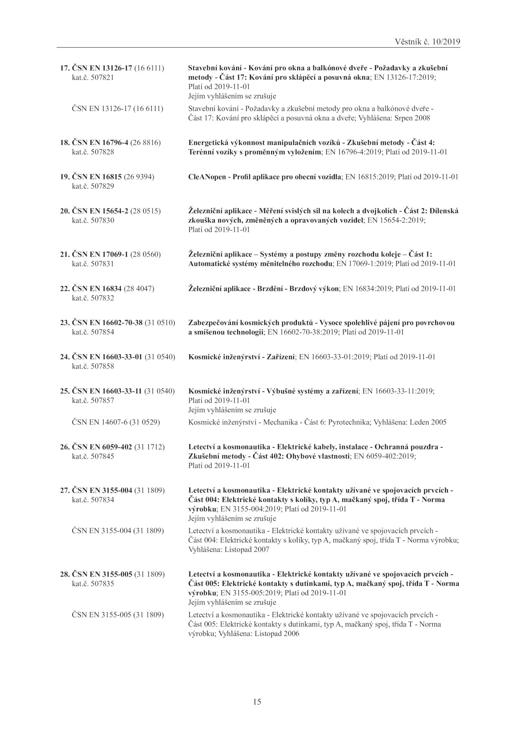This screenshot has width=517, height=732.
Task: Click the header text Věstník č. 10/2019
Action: pos(427,42)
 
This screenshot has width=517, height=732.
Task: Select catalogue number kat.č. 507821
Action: pos(93,78)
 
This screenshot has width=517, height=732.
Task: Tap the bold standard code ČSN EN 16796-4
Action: pos(100,143)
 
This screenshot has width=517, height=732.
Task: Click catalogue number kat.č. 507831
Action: pos(93,264)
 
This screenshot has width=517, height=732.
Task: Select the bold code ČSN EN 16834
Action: pos(97,288)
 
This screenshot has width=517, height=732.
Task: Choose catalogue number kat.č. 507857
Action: pos(93,400)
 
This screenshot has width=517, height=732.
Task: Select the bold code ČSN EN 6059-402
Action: pos(102,447)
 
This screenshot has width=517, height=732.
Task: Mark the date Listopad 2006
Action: pos(277,633)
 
